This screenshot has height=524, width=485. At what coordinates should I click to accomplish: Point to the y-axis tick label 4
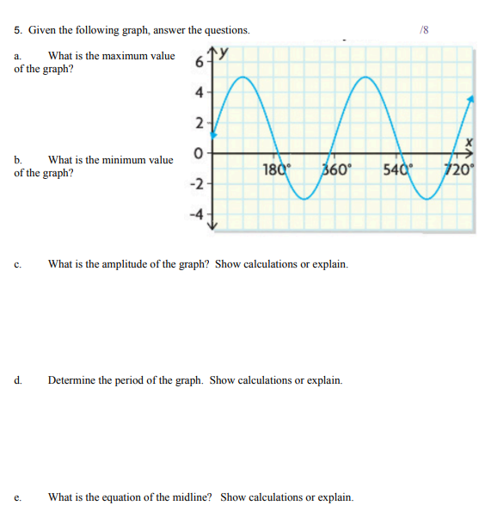point(200,91)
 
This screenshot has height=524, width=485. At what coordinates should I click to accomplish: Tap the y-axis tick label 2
point(200,124)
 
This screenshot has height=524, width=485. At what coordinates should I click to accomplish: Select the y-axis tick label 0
point(199,154)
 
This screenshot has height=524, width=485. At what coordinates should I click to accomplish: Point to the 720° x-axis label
point(457,169)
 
